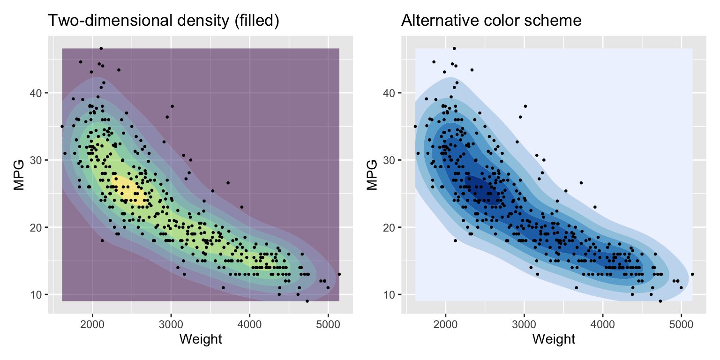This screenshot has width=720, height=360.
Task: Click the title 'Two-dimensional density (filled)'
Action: click(x=164, y=21)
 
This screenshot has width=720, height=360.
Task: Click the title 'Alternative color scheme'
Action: click(x=491, y=21)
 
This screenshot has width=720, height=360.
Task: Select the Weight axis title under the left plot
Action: click(x=201, y=339)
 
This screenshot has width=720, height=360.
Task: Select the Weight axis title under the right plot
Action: click(x=554, y=339)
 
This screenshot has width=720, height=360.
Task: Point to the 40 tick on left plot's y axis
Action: click(x=38, y=93)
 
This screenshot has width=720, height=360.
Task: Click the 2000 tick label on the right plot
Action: click(x=446, y=324)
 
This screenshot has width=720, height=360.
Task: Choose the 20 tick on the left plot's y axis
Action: click(x=38, y=227)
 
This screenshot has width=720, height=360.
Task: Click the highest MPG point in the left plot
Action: click(x=101, y=48)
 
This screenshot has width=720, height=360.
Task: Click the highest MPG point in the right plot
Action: click(x=454, y=48)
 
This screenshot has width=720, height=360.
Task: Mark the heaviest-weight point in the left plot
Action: click(x=339, y=274)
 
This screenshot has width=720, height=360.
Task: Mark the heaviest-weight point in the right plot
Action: click(x=692, y=274)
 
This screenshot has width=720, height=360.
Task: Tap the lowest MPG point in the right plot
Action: click(x=660, y=301)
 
